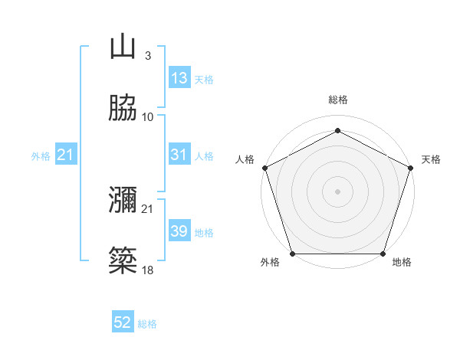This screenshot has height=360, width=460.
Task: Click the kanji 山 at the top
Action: pyautogui.click(x=123, y=47)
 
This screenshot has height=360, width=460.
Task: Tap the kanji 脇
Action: pyautogui.click(x=123, y=108)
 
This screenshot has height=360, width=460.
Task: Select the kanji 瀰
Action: pyautogui.click(x=123, y=200)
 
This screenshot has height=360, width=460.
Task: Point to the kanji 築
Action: pyautogui.click(x=123, y=260)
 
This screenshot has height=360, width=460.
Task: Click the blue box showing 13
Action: pyautogui.click(x=179, y=78)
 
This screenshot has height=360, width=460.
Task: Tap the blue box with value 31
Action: pyautogui.click(x=179, y=155)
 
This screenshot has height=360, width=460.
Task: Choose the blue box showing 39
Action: pyautogui.click(x=179, y=231)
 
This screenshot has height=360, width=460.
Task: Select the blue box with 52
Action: pyautogui.click(x=123, y=322)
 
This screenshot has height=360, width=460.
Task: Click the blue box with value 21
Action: pyautogui.click(x=66, y=155)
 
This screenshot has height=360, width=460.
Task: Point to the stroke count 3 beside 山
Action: pyautogui.click(x=147, y=56)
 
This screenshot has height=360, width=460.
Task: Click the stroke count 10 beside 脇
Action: pyautogui.click(x=148, y=117)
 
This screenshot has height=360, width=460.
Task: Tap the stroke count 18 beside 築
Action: pyautogui.click(x=148, y=270)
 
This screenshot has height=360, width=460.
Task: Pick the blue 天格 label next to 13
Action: pyautogui.click(x=204, y=80)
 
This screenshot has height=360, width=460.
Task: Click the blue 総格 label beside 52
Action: pyautogui.click(x=147, y=324)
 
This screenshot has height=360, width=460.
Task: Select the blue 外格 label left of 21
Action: pyautogui.click(x=41, y=156)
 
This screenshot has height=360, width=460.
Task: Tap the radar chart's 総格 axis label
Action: pyautogui.click(x=337, y=100)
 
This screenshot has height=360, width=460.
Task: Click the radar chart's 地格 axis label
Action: pyautogui.click(x=402, y=263)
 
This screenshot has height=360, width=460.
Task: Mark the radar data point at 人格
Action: pyautogui.click(x=264, y=167)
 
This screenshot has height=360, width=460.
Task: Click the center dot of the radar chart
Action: pyautogui.click(x=337, y=191)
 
